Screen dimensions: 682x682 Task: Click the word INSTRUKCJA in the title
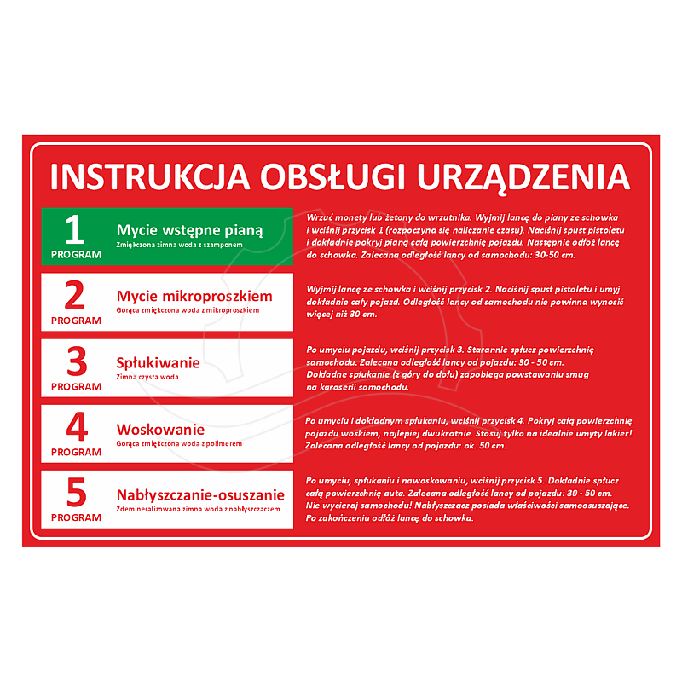[150, 177]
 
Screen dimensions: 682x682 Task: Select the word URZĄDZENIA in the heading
[523, 179]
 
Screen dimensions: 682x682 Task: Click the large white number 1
[74, 229]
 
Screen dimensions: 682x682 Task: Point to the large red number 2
[74, 295]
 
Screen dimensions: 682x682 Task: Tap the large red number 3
[77, 361]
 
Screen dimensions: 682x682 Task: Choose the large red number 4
[77, 427]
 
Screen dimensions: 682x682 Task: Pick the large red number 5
[77, 493]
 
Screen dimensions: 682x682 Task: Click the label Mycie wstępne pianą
[189, 230]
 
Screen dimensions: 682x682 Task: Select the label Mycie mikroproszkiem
[194, 296]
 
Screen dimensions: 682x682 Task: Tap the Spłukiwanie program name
[159, 363]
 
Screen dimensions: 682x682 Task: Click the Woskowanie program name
[160, 430]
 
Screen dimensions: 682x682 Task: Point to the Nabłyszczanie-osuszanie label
[200, 495]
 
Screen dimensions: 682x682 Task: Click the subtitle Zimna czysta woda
[147, 377]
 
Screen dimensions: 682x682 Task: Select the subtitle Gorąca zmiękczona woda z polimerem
[179, 443]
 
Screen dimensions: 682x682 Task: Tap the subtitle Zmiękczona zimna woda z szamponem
[179, 245]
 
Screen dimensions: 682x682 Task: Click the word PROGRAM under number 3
[76, 387]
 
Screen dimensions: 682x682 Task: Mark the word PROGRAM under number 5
[76, 517]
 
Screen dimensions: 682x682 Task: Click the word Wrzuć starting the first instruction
[320, 217]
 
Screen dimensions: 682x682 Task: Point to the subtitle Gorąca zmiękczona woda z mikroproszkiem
[188, 310]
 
